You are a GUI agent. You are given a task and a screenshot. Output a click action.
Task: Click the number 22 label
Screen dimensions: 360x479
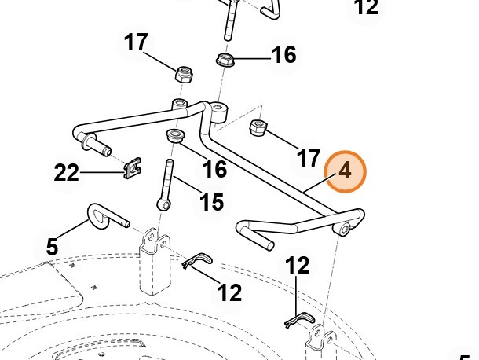coord(67,172)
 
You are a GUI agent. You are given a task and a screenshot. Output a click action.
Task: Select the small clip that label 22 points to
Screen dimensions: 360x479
coord(134,167)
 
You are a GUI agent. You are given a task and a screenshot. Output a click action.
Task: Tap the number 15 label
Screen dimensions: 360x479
coord(211,203)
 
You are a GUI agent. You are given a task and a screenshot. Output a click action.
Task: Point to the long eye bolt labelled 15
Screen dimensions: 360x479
coord(168,185)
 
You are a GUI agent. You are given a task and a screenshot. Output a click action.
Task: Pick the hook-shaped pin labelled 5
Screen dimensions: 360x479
coord(102,214)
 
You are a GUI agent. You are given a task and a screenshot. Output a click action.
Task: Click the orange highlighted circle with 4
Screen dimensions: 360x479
coord(346,171)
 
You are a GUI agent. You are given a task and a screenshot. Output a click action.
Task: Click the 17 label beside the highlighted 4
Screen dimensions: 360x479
coord(309,159)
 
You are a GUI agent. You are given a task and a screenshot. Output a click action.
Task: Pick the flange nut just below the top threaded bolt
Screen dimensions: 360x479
coord(226,59)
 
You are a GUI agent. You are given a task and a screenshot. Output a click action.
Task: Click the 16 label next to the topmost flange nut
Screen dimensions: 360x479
coord(283,55)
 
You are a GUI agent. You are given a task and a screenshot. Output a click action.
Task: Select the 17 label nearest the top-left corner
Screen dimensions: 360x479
coord(137,42)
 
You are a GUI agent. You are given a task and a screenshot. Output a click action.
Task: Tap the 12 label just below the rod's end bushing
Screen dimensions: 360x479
coord(298,266)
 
